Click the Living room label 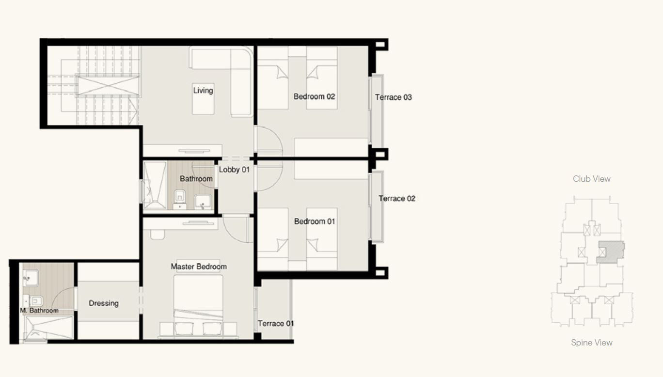(x=203, y=91)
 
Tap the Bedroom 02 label (x=315, y=96)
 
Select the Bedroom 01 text (x=315, y=221)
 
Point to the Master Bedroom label (x=199, y=267)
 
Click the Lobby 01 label (x=234, y=170)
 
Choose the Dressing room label (x=104, y=303)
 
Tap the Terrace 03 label (x=394, y=97)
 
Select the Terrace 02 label (x=397, y=198)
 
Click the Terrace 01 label (x=276, y=323)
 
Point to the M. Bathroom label (x=39, y=311)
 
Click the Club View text (x=592, y=179)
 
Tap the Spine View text (x=592, y=343)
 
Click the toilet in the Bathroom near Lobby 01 (x=180, y=199)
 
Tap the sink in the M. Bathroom (x=30, y=278)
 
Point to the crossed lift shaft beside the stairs (x=108, y=85)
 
